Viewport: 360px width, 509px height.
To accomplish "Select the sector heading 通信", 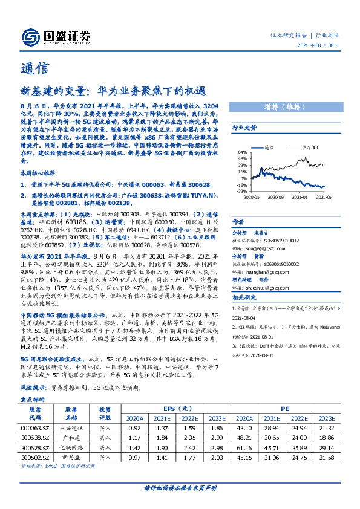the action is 34,67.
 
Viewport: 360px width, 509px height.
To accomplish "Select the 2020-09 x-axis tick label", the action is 276,196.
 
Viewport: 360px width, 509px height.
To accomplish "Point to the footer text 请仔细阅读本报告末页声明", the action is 180,488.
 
